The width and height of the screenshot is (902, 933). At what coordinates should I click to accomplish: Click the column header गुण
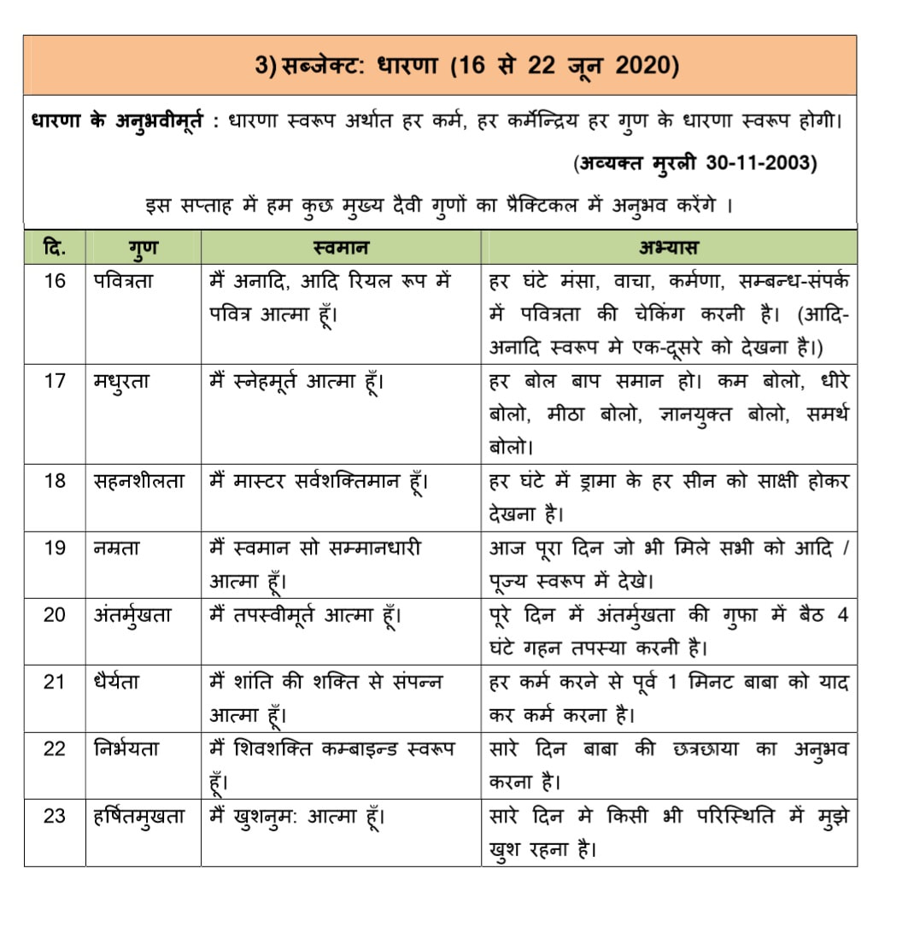(143, 249)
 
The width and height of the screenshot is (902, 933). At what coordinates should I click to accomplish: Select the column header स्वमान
(340, 249)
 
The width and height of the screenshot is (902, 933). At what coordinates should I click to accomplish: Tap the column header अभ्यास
(668, 249)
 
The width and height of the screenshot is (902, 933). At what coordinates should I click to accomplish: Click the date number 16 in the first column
(54, 280)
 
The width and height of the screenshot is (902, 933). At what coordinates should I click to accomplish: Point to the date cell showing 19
(54, 548)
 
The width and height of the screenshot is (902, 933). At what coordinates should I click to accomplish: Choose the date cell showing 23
(54, 816)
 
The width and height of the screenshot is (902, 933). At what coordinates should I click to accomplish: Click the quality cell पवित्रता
(124, 280)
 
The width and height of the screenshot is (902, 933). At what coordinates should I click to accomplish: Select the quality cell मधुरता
(121, 381)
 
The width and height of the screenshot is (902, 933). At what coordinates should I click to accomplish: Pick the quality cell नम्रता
(117, 548)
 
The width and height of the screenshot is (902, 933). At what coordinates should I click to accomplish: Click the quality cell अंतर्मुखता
(132, 614)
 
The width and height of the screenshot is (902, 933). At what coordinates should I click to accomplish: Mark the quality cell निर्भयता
(126, 748)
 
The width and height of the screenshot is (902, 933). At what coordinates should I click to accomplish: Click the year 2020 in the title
(641, 66)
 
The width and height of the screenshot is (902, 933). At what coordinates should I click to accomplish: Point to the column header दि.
(54, 249)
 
